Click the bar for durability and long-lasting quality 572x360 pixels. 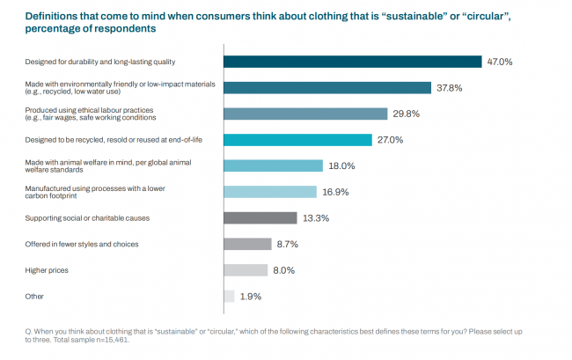coord(352,62)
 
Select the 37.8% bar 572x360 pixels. coord(326,88)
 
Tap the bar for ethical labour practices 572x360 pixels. coord(305,114)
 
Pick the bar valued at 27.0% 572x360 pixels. coord(297,140)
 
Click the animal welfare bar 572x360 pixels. coord(273,165)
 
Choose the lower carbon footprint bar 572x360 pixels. coord(269,192)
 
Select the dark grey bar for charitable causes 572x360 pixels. coord(260,218)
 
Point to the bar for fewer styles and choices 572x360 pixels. coord(247,244)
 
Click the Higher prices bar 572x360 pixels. coord(246,270)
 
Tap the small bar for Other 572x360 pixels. coord(229,297)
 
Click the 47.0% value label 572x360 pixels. coord(499,62)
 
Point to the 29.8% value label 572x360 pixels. coord(405,114)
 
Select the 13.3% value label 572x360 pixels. coord(314,218)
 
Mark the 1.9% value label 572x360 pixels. coord(250,297)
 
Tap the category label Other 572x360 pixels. coord(33,297)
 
